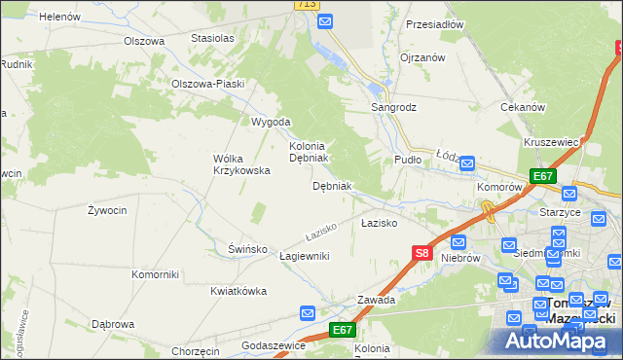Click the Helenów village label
(x=59, y=17)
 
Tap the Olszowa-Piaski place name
(x=206, y=84)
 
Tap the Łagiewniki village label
(x=305, y=255)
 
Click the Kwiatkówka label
(x=238, y=290)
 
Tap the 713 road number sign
(x=307, y=5)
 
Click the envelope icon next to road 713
(x=326, y=20)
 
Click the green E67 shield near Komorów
(x=543, y=176)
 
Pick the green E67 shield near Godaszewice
(x=342, y=330)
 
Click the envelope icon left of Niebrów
(x=458, y=241)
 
